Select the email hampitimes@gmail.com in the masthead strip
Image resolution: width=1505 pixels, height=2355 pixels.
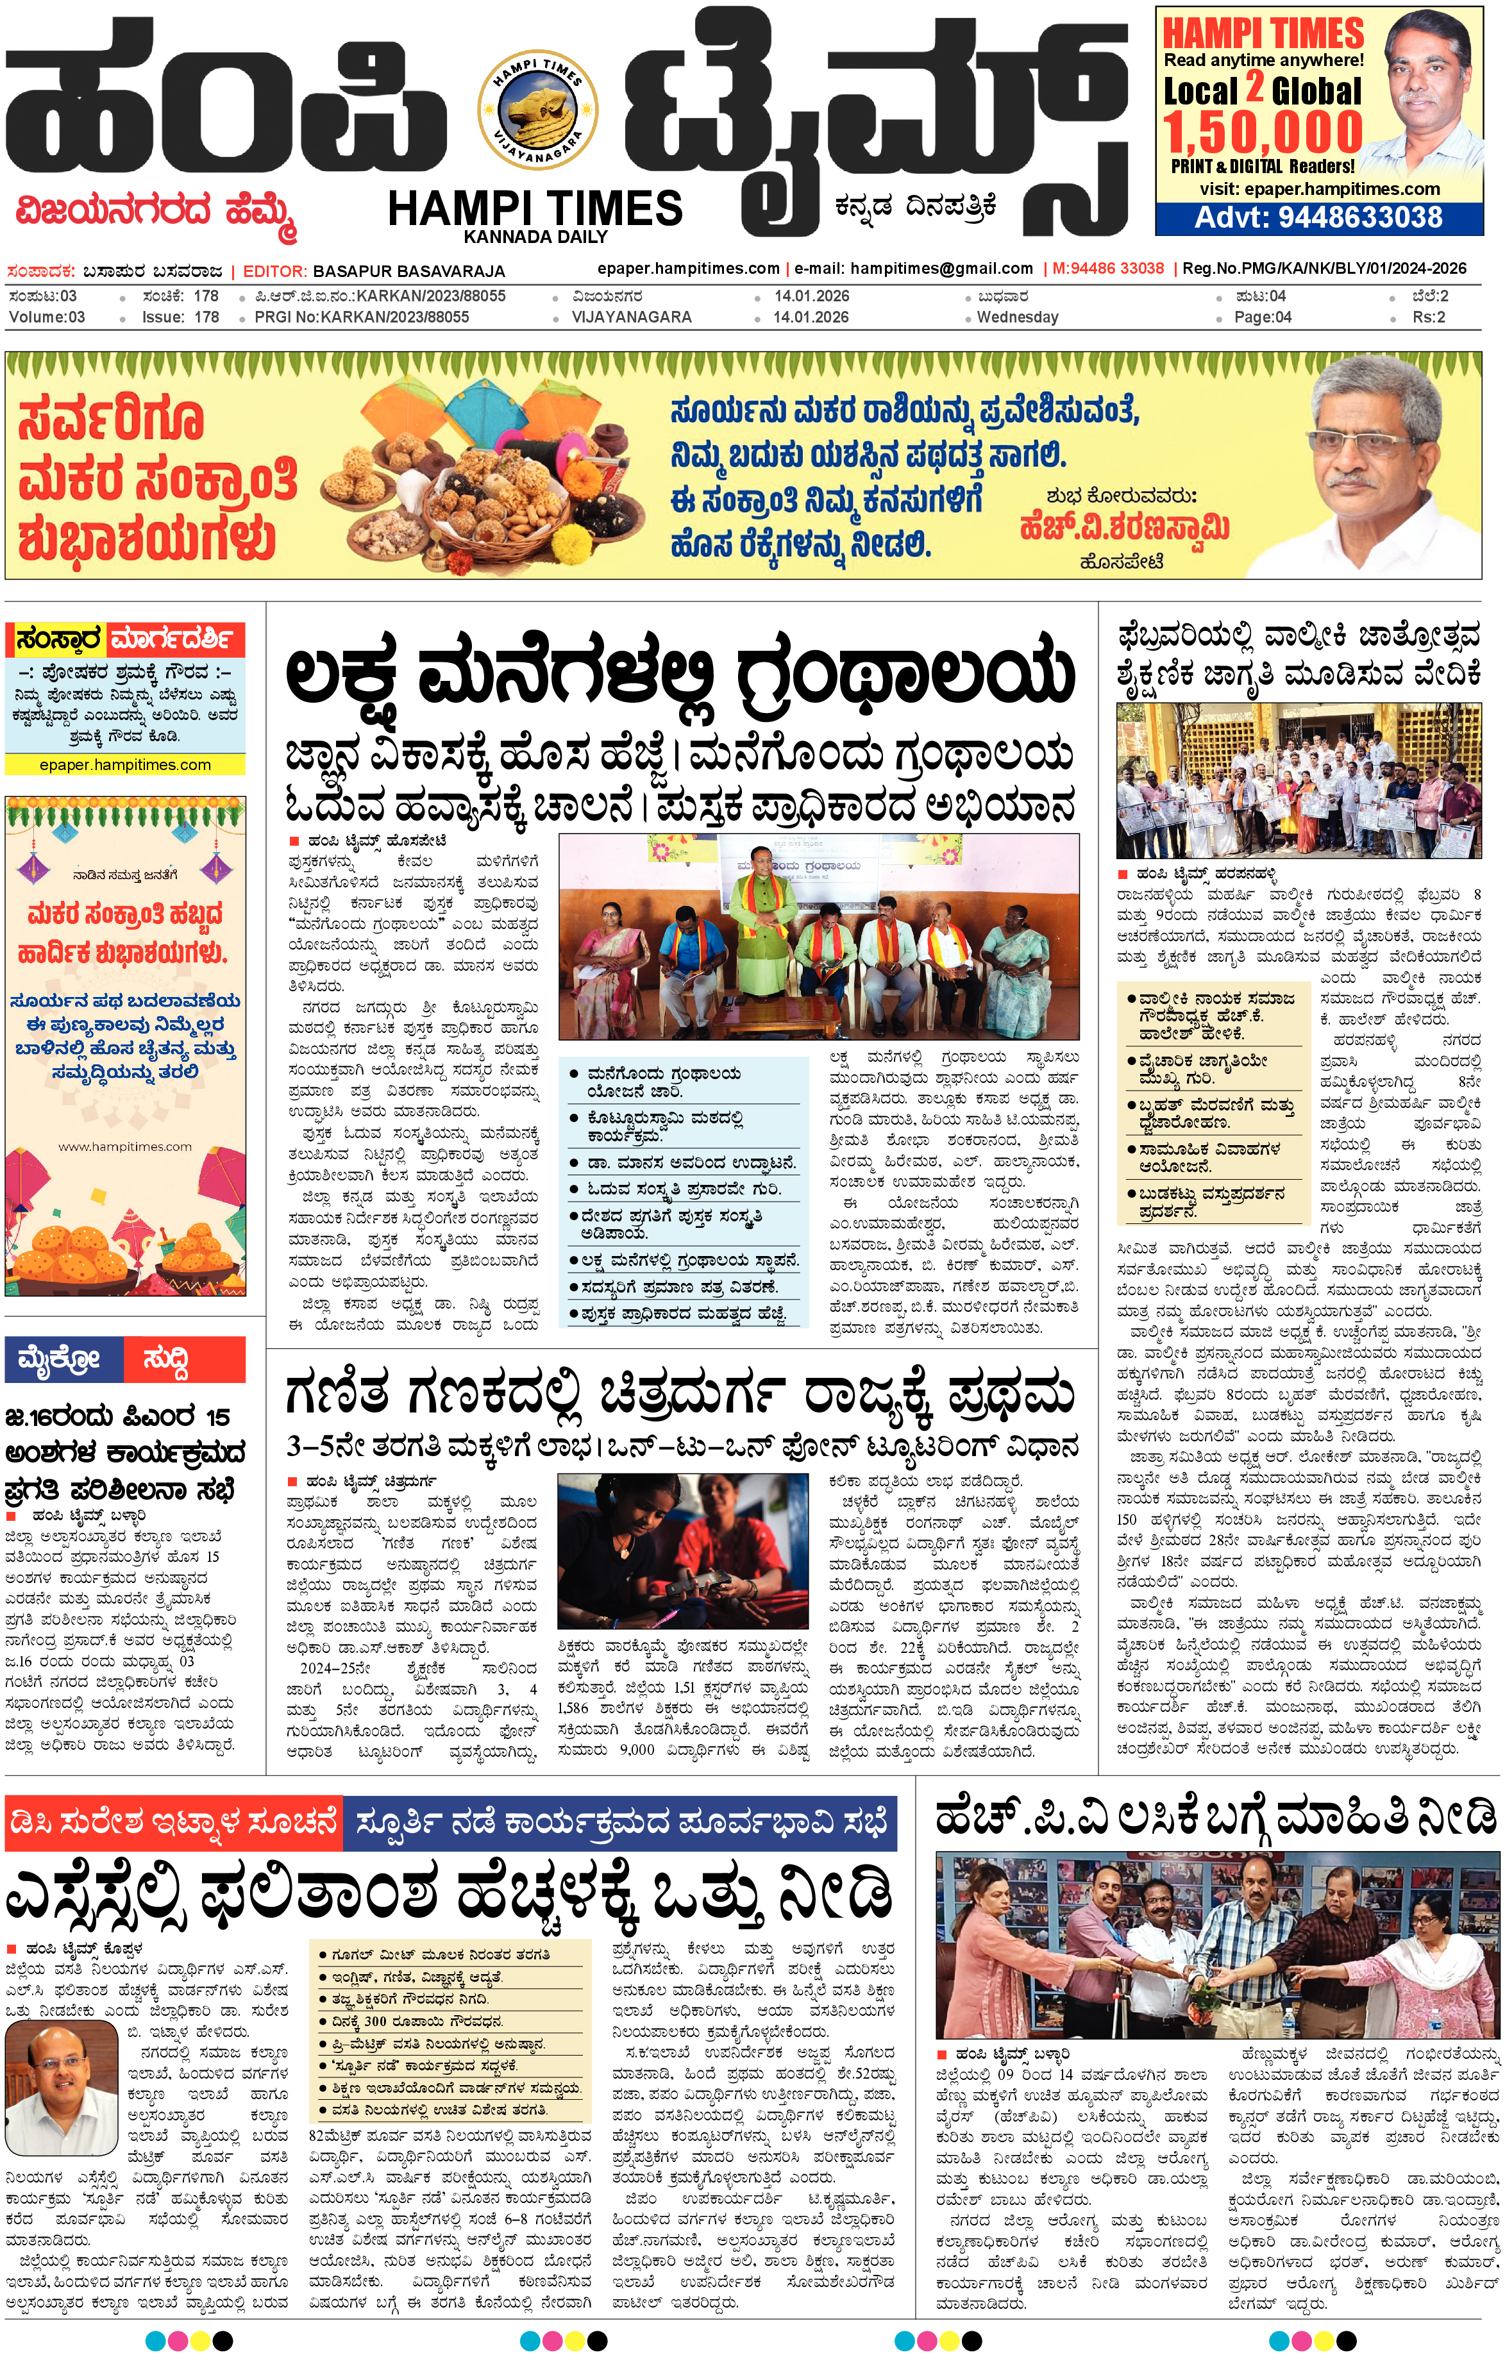pyautogui.click(x=941, y=268)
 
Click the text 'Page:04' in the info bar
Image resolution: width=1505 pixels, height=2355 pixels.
pyautogui.click(x=1261, y=317)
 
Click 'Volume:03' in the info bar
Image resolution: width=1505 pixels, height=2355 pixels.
pyautogui.click(x=46, y=317)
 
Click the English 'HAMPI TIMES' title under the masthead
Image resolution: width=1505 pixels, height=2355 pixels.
pyautogui.click(x=535, y=208)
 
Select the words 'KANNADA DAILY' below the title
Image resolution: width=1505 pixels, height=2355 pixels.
pyautogui.click(x=535, y=237)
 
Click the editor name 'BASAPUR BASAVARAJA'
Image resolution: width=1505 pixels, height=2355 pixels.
pyautogui.click(x=408, y=271)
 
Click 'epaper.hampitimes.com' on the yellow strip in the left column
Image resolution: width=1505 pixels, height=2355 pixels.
pyautogui.click(x=125, y=765)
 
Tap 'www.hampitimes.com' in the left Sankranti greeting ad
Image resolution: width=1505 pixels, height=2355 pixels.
pyautogui.click(x=125, y=1146)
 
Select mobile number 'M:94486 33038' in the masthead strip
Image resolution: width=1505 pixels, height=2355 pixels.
pyautogui.click(x=1108, y=268)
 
